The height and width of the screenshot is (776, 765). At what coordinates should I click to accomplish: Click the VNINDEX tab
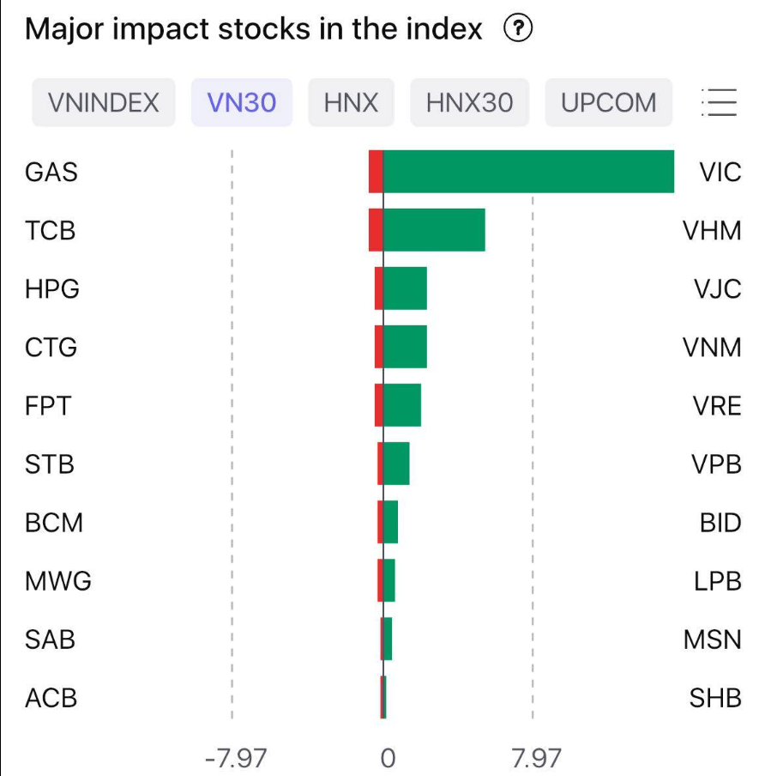(x=104, y=103)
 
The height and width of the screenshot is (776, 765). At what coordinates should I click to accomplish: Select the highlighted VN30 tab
(x=242, y=103)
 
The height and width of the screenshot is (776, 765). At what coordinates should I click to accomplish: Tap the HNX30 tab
(x=469, y=103)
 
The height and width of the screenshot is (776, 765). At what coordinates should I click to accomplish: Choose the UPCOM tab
(x=608, y=103)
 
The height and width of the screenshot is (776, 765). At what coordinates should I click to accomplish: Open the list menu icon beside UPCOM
(x=719, y=103)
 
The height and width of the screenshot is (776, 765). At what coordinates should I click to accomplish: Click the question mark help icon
(x=518, y=30)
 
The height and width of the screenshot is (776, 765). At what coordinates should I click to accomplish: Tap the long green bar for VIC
(x=528, y=172)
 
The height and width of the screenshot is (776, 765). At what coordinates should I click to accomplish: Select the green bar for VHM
(x=434, y=230)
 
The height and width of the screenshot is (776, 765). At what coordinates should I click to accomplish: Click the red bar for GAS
(x=376, y=172)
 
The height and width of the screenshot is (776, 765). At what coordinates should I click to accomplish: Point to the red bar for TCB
(x=376, y=230)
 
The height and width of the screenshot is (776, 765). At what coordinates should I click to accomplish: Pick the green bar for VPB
(x=396, y=464)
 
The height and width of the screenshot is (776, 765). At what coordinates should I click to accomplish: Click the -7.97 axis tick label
(x=236, y=758)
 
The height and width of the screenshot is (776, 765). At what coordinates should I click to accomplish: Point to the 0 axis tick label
(x=388, y=758)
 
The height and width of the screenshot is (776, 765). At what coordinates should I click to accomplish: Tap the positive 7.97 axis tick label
(x=536, y=758)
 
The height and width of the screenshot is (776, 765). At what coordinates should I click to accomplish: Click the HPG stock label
(x=52, y=288)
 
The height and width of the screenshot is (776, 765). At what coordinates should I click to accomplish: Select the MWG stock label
(x=58, y=581)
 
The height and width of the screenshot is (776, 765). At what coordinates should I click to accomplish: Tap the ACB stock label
(x=51, y=698)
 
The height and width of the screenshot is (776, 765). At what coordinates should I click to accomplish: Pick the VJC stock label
(x=718, y=288)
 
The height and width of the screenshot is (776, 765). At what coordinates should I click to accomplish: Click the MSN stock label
(x=713, y=640)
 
